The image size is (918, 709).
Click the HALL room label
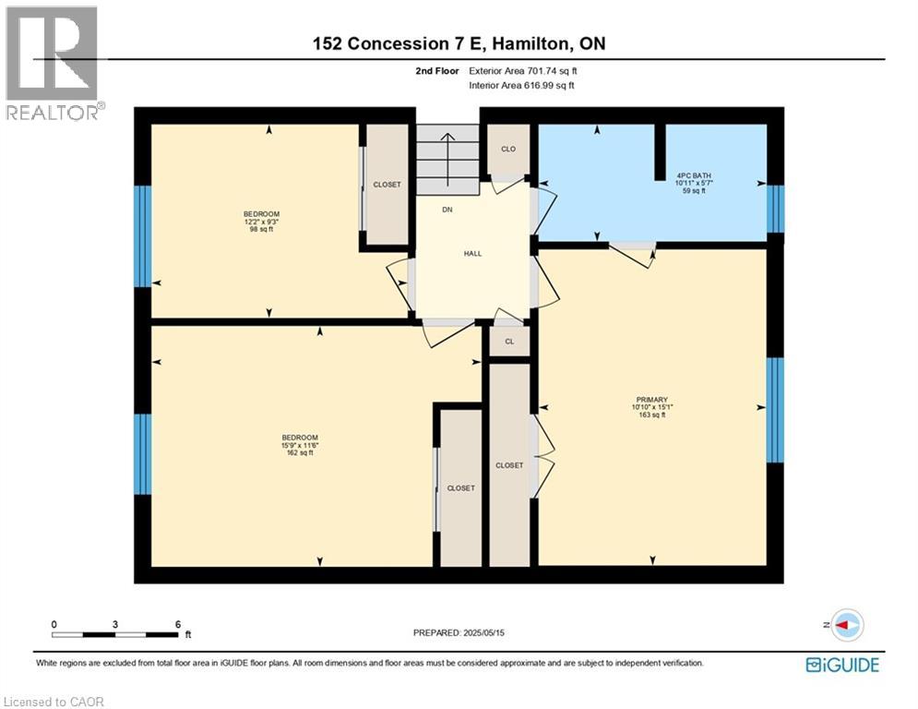(471, 254)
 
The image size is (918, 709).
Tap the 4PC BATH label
(693, 174)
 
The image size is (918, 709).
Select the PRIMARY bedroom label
(650, 400)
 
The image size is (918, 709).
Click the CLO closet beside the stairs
(507, 149)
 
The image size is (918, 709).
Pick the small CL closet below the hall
(508, 341)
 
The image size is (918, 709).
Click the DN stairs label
(447, 210)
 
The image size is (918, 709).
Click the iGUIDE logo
(842, 664)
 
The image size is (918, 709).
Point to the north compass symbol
(846, 624)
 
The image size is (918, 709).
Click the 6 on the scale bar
(177, 624)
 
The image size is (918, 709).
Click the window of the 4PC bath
(776, 209)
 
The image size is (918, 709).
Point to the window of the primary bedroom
(776, 409)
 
